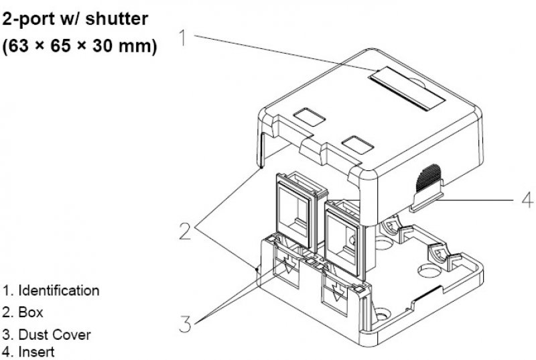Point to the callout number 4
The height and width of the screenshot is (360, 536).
[x=526, y=198]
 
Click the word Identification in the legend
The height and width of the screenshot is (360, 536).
[x=58, y=291]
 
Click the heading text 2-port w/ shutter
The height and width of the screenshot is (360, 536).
[x=75, y=20]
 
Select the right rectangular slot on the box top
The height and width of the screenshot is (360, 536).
[x=356, y=143]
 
